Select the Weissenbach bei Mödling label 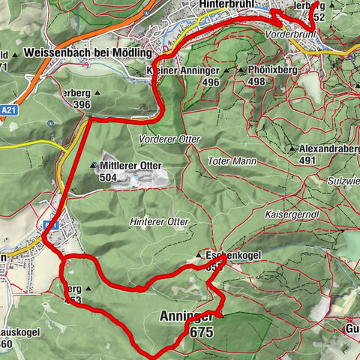point(87,53)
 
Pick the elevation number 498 point(257,81)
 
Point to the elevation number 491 point(307,160)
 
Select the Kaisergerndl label point(292,214)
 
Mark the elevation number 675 point(202,331)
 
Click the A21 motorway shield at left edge point(8,108)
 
